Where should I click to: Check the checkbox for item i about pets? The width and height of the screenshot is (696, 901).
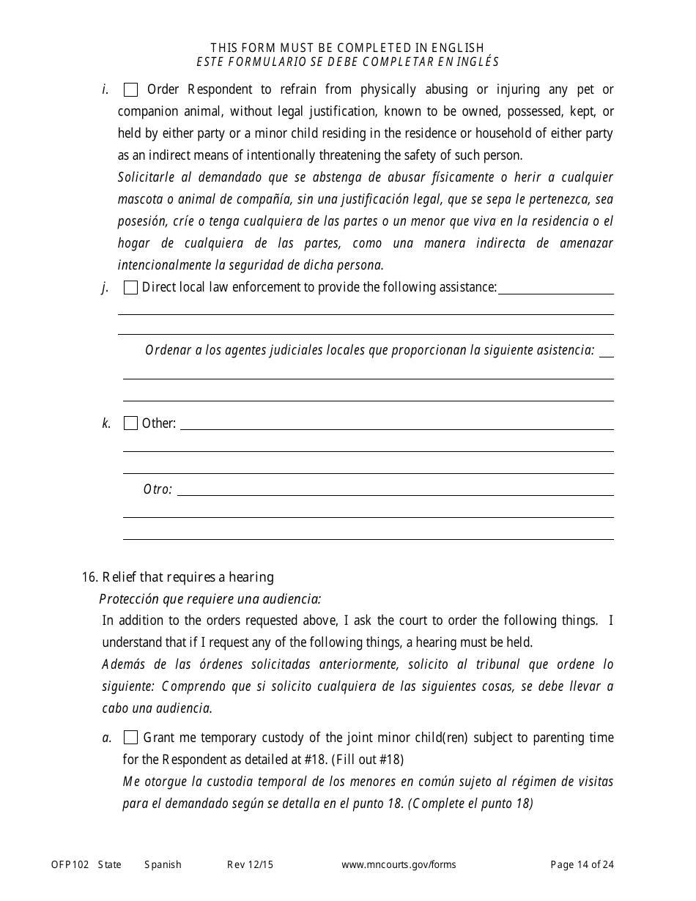(131, 90)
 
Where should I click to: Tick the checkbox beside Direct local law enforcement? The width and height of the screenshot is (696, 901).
(131, 288)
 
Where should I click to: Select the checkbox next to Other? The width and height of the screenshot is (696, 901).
(131, 423)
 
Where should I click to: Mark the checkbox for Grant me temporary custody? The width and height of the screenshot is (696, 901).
(131, 738)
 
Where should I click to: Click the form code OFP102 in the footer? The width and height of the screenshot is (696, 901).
(70, 864)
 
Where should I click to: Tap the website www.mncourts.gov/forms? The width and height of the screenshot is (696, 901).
(399, 864)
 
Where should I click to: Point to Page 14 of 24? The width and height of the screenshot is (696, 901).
(582, 864)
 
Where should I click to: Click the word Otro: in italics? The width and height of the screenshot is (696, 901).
(158, 489)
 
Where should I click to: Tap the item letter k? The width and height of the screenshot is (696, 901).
(106, 423)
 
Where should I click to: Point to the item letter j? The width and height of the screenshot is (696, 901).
(105, 288)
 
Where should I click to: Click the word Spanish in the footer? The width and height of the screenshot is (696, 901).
(163, 864)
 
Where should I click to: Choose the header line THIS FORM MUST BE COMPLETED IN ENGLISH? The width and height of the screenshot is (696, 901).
(347, 48)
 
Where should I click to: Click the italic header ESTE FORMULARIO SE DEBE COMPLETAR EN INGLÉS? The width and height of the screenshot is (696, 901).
(347, 62)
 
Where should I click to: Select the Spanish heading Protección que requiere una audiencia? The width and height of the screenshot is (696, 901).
(210, 598)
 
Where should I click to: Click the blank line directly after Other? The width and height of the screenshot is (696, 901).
(396, 425)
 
